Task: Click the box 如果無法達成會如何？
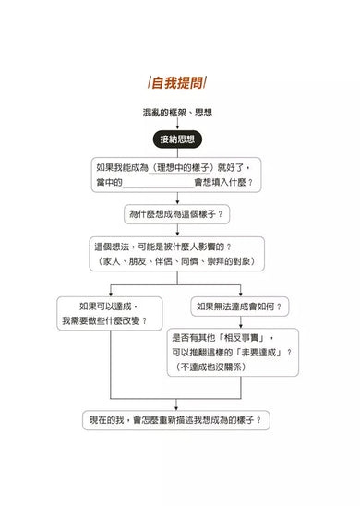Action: pos(239,306)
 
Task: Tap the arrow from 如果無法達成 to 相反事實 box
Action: pos(239,321)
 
